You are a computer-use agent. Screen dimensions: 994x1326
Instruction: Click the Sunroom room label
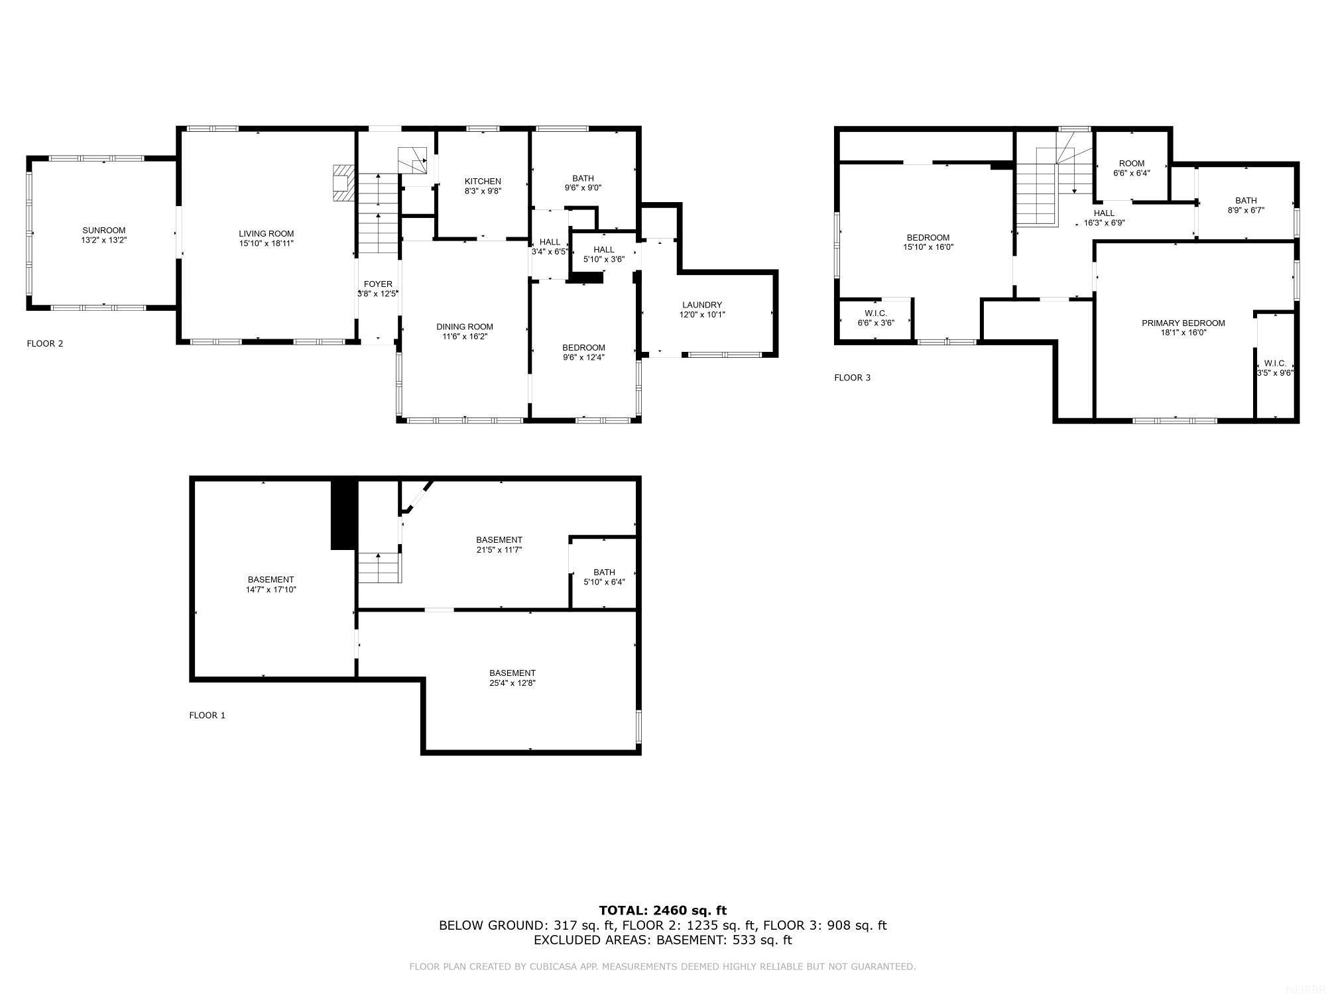point(104,231)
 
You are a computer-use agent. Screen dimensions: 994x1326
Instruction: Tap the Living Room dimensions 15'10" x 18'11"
point(267,244)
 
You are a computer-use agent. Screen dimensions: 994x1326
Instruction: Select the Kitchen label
point(483,182)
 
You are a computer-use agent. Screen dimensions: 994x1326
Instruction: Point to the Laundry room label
point(702,305)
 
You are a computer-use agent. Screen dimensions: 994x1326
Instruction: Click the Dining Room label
point(465,327)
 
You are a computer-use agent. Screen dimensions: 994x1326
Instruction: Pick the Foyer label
point(378,284)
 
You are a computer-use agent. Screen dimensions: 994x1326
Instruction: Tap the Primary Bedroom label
point(1183,323)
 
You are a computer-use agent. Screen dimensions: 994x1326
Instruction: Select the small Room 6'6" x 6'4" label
point(1132,164)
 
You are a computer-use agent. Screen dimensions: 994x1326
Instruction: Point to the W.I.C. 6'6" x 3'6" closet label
point(876,313)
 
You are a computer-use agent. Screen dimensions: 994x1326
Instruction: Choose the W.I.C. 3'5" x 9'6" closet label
point(1275,364)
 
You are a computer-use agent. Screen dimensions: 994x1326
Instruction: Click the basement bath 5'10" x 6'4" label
point(604,573)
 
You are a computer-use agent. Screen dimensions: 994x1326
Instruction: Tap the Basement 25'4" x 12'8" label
point(512,673)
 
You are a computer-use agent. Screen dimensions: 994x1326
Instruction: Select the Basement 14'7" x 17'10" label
point(271,580)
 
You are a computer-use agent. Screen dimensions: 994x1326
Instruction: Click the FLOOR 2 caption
point(45,343)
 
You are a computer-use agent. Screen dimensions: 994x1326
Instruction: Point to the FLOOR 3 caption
point(852,378)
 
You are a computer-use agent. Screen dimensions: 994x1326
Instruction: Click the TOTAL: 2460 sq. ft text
point(662,911)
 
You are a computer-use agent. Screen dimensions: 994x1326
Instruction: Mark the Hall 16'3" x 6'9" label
point(1104,213)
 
